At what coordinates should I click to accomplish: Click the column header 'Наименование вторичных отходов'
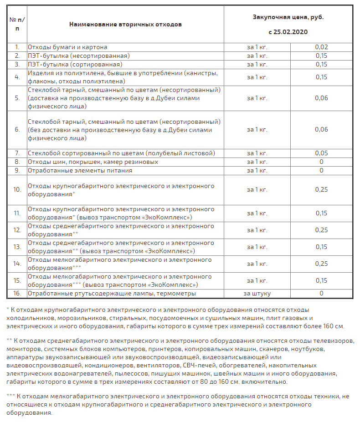point(125,24)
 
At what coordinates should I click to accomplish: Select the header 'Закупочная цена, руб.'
point(288,17)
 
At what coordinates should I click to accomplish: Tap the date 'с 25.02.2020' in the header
point(288,32)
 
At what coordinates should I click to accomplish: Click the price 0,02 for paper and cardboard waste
point(321,47)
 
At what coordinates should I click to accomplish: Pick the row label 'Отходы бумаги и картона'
point(67,47)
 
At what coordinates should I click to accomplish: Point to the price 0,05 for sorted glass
point(321,153)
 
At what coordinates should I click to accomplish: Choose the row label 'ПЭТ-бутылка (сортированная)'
point(72,64)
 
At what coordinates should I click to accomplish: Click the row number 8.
point(17,162)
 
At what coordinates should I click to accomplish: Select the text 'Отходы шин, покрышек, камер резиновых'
point(93,162)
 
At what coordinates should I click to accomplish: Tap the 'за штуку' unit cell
point(257,293)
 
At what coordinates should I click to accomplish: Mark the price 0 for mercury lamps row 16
point(321,293)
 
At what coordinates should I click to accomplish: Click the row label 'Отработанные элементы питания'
point(80,170)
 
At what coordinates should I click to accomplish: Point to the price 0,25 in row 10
point(321,189)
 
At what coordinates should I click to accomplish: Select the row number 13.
point(17,247)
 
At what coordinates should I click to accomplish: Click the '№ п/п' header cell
point(17,24)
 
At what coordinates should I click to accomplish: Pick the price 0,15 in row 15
point(321,280)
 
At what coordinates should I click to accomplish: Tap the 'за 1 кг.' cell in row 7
point(257,153)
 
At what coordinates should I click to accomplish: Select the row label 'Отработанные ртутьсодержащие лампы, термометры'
point(112,293)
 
